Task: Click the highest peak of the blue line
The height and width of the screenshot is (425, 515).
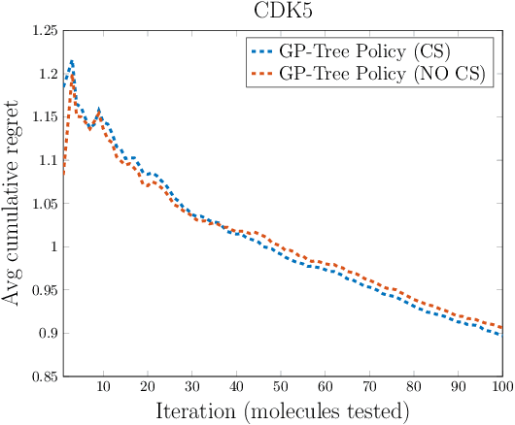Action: (x=71, y=61)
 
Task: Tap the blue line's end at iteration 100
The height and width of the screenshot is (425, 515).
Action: (x=501, y=335)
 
